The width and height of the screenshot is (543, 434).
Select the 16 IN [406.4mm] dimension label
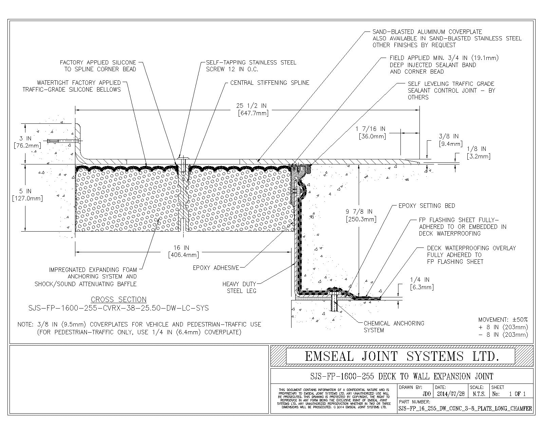(184, 252)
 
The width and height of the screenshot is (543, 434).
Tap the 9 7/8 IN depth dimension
(361, 215)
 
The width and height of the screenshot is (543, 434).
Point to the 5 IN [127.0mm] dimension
(27, 195)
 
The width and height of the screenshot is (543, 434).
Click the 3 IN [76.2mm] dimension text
(27, 142)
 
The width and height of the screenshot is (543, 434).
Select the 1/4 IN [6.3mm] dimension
(422, 283)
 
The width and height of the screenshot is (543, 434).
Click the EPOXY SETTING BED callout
(427, 206)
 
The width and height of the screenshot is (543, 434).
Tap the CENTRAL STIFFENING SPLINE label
(270, 83)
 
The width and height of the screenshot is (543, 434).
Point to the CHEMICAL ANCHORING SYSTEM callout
(394, 327)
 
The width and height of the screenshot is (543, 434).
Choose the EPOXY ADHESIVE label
(216, 268)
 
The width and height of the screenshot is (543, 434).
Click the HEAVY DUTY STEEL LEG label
(239, 288)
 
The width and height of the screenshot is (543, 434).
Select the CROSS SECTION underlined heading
(118, 300)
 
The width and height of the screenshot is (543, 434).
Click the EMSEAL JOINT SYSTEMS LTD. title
(402, 356)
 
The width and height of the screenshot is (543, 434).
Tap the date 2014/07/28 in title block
(451, 394)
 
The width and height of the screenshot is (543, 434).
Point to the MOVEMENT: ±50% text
(503, 319)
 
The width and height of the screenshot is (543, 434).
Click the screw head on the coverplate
(183, 158)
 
